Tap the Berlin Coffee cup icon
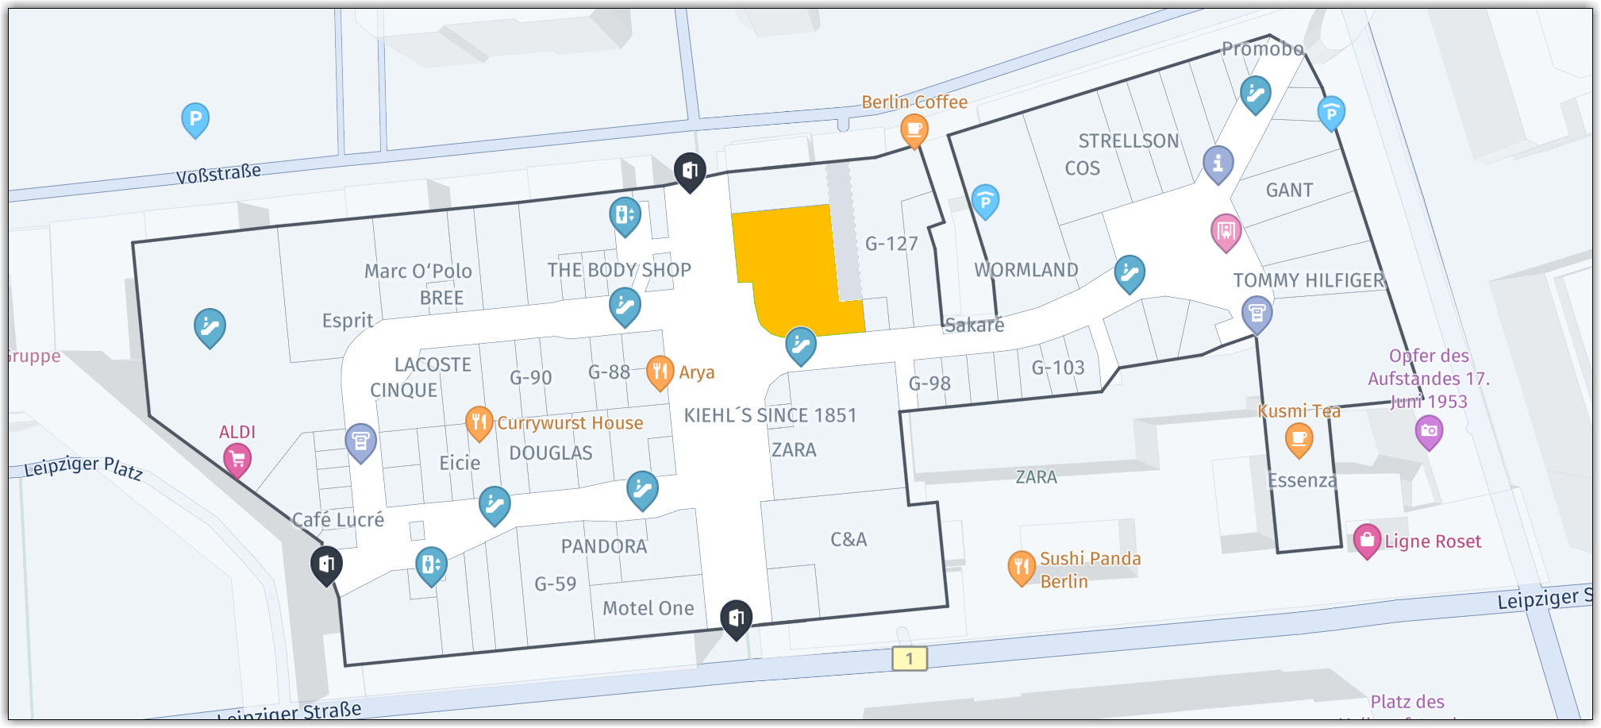[914, 128]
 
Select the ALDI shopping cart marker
[237, 459]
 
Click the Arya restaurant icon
[660, 371]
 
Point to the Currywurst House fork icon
[479, 422]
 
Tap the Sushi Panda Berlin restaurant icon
[1022, 567]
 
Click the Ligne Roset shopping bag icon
[1367, 540]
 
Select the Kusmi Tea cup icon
[1299, 438]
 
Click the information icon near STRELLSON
[1218, 163]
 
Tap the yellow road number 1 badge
[910, 658]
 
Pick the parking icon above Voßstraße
[195, 119]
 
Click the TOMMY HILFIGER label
[1308, 280]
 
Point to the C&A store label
[849, 540]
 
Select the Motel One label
[648, 608]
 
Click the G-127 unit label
[891, 244]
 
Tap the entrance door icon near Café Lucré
[326, 564]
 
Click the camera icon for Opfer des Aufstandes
[1429, 430]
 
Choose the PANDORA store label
[604, 546]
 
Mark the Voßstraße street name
[218, 173]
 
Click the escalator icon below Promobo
[1255, 94]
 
